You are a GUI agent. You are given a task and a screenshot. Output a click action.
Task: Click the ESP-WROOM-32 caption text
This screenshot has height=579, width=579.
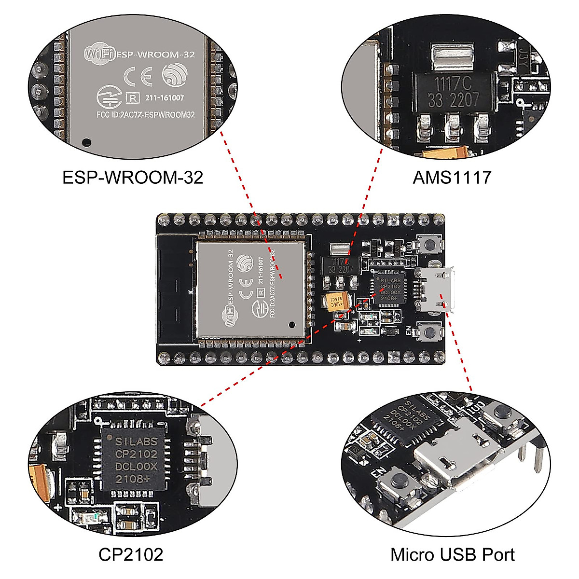pyautogui.click(x=133, y=178)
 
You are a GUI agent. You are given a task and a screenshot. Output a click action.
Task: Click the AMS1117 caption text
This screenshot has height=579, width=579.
pyautogui.click(x=452, y=178)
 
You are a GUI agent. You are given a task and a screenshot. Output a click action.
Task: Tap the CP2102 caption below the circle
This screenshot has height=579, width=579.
pyautogui.click(x=131, y=554)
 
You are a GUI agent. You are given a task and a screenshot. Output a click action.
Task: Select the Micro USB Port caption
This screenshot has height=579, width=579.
pyautogui.click(x=452, y=554)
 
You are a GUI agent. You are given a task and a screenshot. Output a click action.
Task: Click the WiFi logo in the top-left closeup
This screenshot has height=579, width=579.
pyautogui.click(x=99, y=53)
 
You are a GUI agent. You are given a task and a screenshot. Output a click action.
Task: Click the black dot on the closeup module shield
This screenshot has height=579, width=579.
pyautogui.click(x=87, y=142)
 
